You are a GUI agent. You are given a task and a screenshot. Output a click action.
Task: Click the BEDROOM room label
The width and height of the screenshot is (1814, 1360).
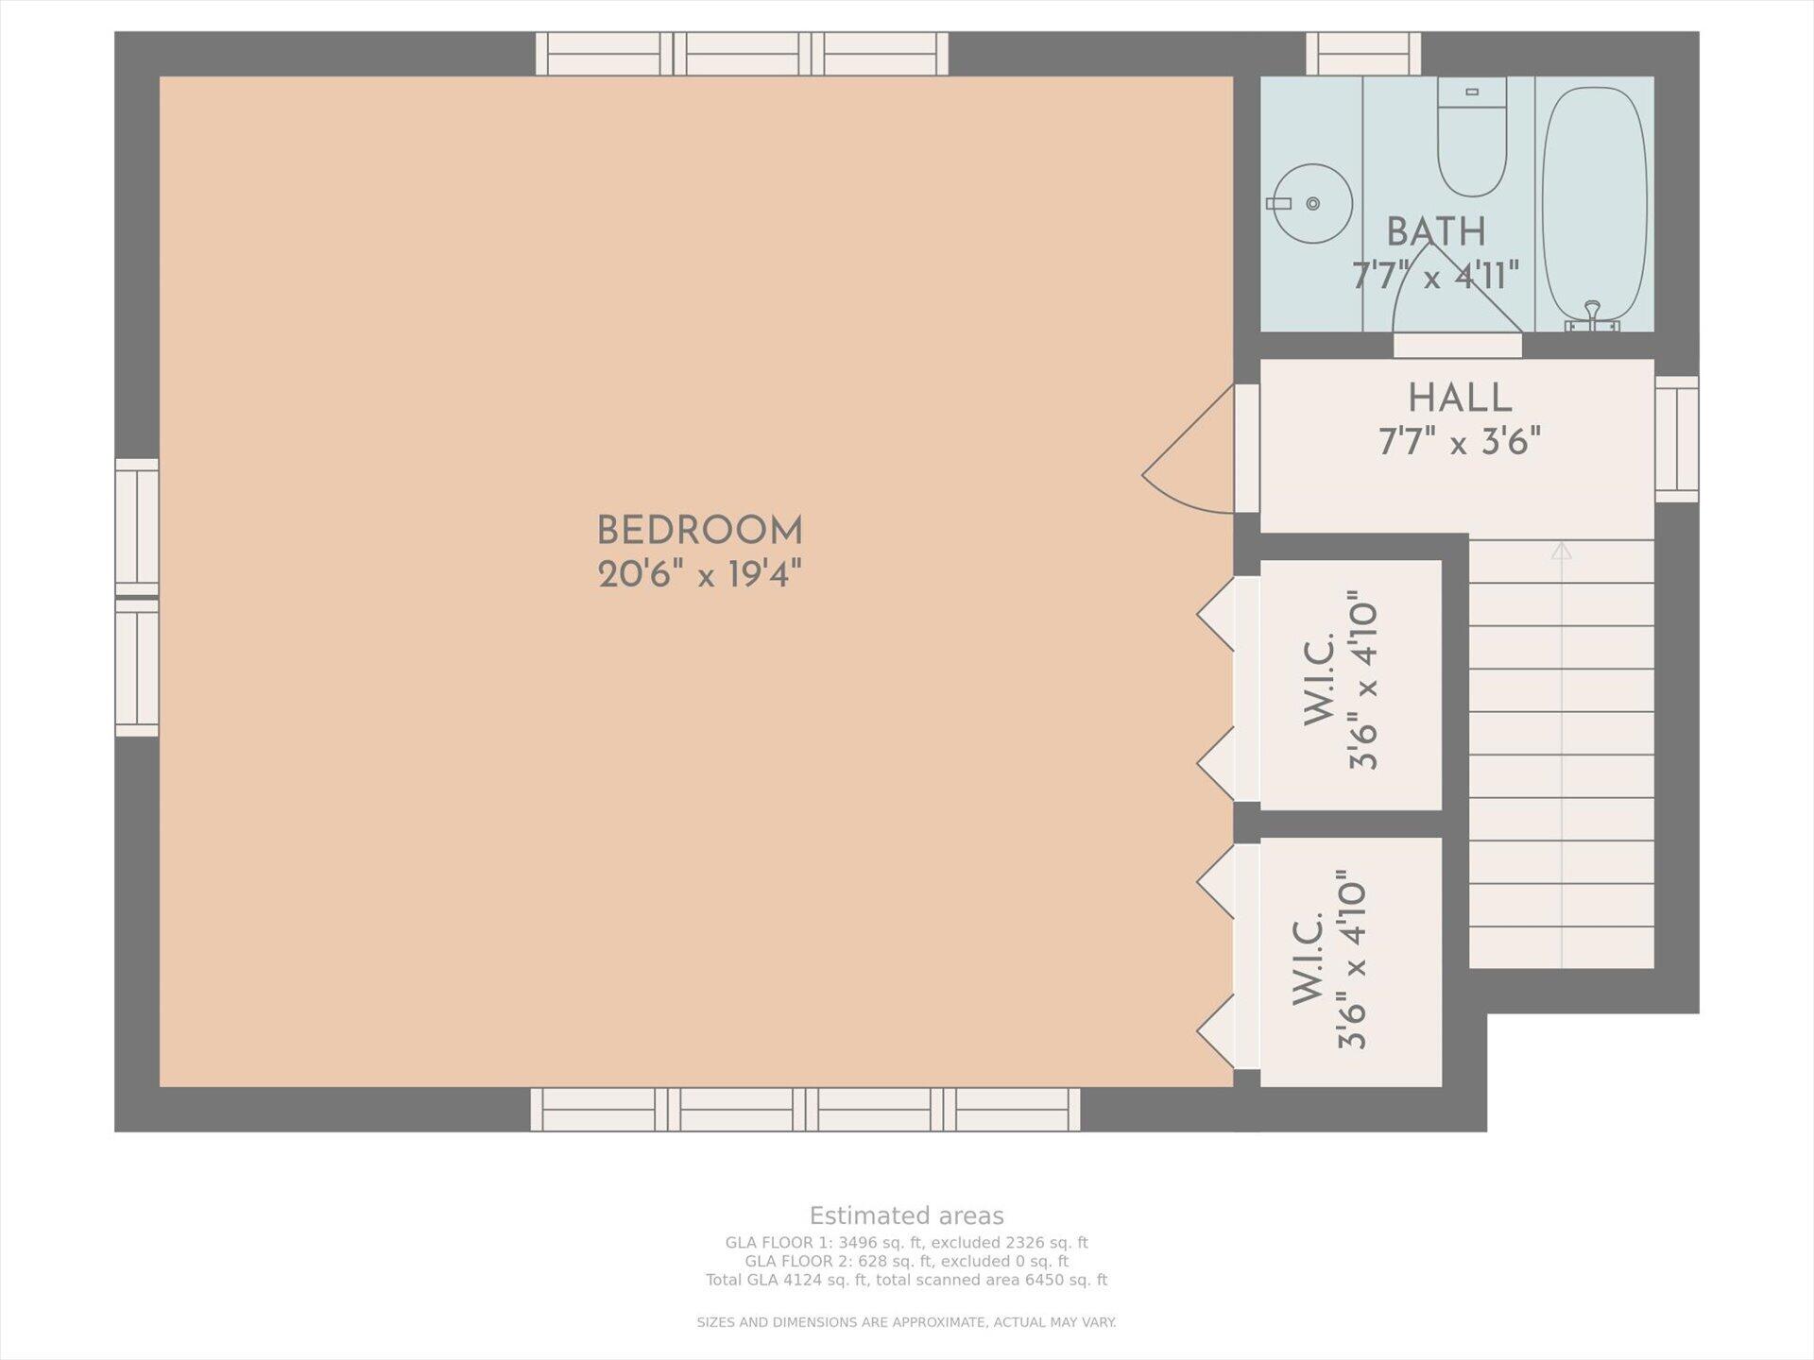699,531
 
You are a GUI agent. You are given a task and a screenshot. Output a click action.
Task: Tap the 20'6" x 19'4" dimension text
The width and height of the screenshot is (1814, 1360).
699,574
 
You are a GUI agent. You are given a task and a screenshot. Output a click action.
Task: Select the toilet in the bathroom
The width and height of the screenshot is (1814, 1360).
1472,137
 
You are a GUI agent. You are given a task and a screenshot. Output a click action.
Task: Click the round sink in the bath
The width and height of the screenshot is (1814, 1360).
1312,203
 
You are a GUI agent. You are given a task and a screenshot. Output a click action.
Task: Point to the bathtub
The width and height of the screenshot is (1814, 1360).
1594,206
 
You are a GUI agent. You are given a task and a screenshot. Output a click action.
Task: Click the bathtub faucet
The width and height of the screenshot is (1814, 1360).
1593,317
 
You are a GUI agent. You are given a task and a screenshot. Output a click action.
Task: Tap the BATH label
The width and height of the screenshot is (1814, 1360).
1436,231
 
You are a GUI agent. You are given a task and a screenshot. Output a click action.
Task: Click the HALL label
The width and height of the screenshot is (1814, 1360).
1460,398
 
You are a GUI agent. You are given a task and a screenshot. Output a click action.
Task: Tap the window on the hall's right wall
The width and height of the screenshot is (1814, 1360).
1677,439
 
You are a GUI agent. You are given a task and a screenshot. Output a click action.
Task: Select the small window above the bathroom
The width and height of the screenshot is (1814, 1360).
1363,54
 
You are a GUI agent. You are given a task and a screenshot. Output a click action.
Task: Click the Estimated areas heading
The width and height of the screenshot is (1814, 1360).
906,1215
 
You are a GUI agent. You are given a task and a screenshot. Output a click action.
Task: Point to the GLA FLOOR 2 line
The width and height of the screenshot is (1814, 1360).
906,1261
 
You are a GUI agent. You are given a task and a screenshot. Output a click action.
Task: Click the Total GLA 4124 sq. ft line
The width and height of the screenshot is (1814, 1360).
906,1280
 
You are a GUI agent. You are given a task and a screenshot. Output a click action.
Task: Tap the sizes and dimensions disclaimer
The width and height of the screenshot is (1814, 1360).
906,1322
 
